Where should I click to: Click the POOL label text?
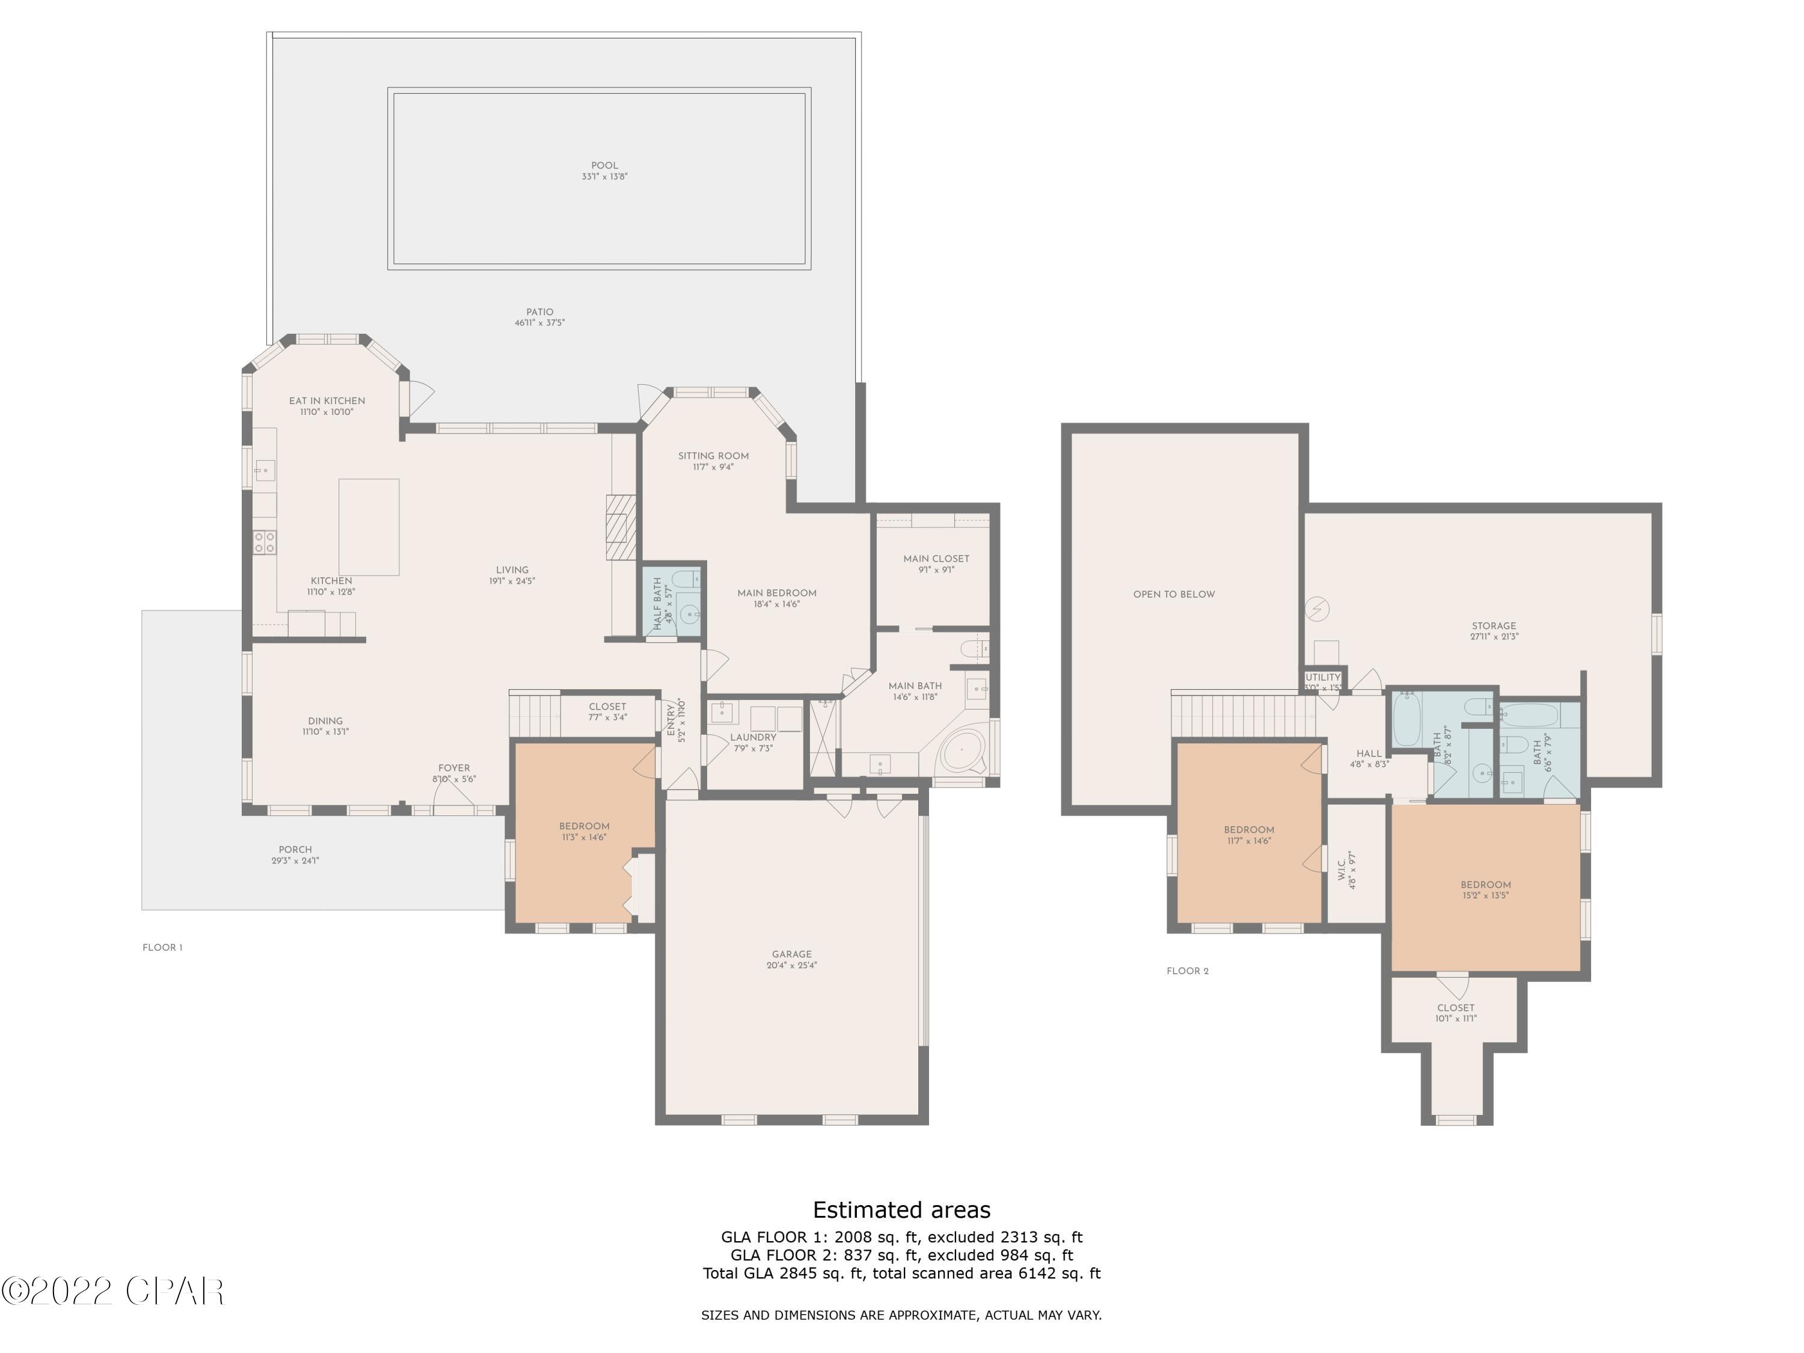click(604, 165)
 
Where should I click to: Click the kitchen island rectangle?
click(369, 527)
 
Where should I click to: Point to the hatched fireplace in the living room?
click(620, 527)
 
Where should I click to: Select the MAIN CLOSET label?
click(936, 559)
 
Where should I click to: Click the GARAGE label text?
click(791, 954)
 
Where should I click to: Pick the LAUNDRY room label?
click(753, 737)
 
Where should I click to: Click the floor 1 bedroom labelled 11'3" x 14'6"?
click(584, 831)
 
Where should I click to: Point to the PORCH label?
click(295, 850)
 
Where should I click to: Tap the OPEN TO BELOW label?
click(1174, 595)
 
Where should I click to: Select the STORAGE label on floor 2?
click(1493, 627)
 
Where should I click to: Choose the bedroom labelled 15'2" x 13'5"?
click(1485, 890)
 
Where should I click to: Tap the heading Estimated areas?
click(901, 1210)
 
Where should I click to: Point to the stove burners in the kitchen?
click(264, 542)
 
